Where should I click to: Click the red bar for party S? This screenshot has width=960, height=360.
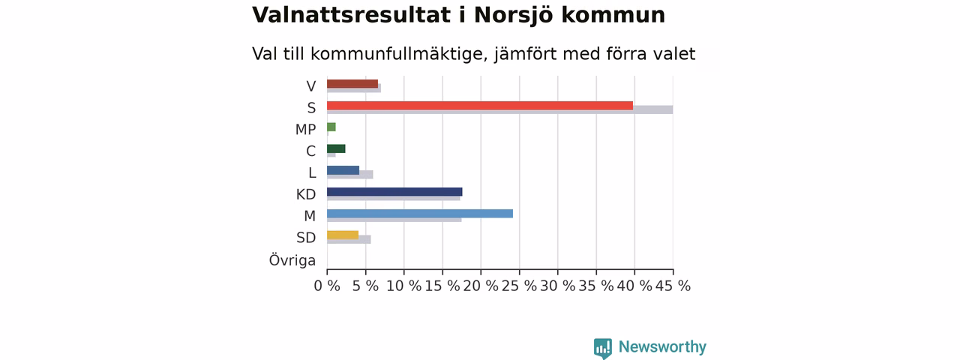click(x=480, y=106)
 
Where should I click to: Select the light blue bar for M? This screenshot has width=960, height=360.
click(x=420, y=214)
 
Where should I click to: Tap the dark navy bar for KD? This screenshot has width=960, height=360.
click(x=394, y=191)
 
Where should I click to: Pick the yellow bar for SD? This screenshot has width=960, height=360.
click(x=343, y=235)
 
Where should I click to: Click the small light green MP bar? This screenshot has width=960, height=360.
click(x=331, y=127)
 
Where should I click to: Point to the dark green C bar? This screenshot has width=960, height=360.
click(x=336, y=148)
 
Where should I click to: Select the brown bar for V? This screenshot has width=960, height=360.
click(x=352, y=84)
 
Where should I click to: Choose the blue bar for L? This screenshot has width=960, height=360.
click(x=343, y=170)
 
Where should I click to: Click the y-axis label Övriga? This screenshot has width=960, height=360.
click(x=292, y=260)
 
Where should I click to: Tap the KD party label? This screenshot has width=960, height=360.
click(x=306, y=194)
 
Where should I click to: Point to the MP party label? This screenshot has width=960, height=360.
click(x=305, y=130)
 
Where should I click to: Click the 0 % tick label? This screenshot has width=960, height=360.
click(x=327, y=286)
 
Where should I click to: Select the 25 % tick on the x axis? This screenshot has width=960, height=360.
click(x=519, y=286)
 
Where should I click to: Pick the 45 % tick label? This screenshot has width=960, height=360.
click(x=673, y=286)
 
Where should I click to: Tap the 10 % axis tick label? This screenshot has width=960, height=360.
click(x=403, y=286)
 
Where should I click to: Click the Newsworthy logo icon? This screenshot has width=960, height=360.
click(x=603, y=348)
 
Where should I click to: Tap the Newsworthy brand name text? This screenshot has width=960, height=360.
click(x=662, y=346)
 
